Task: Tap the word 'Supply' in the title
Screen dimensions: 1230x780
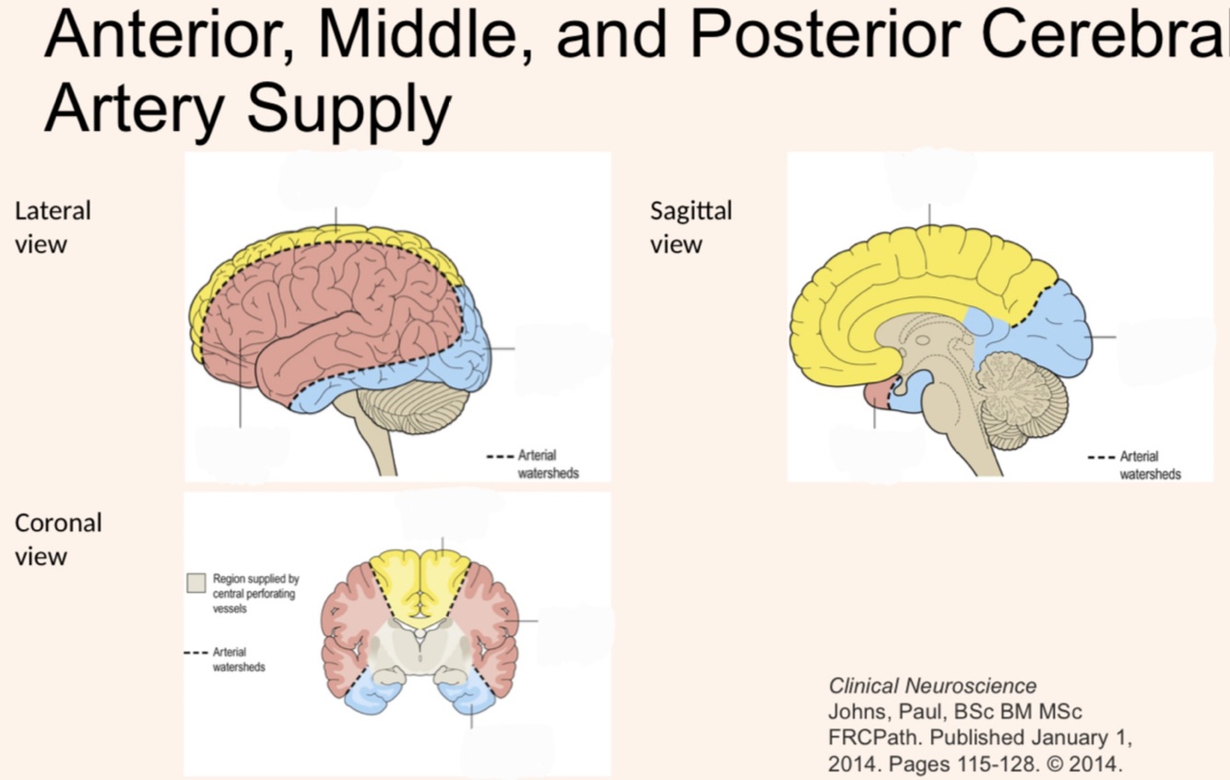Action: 351,109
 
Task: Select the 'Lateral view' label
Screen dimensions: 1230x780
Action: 53,227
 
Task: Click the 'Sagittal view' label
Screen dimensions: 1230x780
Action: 691,227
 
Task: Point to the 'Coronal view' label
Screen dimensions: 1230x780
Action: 58,539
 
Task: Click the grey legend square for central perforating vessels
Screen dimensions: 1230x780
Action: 195,583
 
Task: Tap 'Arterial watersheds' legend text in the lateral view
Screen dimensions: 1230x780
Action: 548,464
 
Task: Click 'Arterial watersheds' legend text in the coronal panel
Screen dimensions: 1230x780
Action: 239,659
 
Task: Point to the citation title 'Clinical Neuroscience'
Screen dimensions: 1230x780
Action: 932,686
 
